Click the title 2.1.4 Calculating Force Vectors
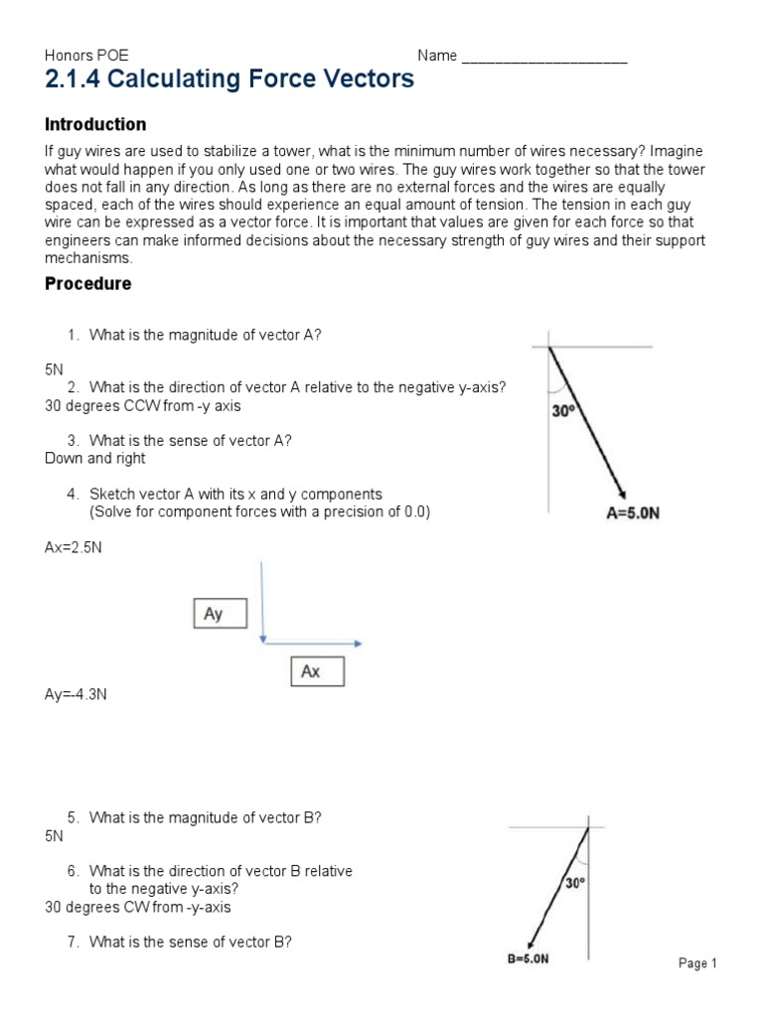click(x=229, y=80)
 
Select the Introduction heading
click(x=95, y=124)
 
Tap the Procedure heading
click(x=88, y=283)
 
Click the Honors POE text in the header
click(x=87, y=56)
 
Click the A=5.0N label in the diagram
click(x=634, y=514)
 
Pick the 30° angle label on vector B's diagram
click(x=575, y=881)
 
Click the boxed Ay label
click(x=214, y=614)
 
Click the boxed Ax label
click(x=311, y=671)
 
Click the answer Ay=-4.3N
click(x=76, y=694)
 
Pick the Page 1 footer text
click(x=698, y=963)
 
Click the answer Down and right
click(x=95, y=458)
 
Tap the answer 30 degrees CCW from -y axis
click(x=142, y=405)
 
